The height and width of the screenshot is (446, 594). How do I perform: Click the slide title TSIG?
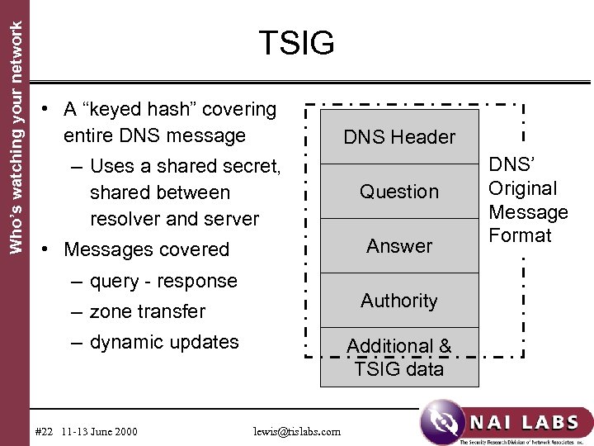[296, 44]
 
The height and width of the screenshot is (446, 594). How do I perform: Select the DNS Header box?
[399, 137]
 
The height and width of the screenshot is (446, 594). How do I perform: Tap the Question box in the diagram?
[399, 192]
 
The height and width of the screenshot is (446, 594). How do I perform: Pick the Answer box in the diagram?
[399, 246]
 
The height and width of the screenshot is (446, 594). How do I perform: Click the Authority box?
[399, 301]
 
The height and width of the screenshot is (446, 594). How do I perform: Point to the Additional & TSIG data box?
[399, 358]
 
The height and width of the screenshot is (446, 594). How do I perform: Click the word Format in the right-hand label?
[520, 236]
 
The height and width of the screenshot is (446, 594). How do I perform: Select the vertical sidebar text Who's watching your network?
[14, 128]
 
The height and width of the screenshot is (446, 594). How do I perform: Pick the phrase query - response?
[163, 281]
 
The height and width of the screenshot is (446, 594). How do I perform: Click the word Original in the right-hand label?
[523, 189]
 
